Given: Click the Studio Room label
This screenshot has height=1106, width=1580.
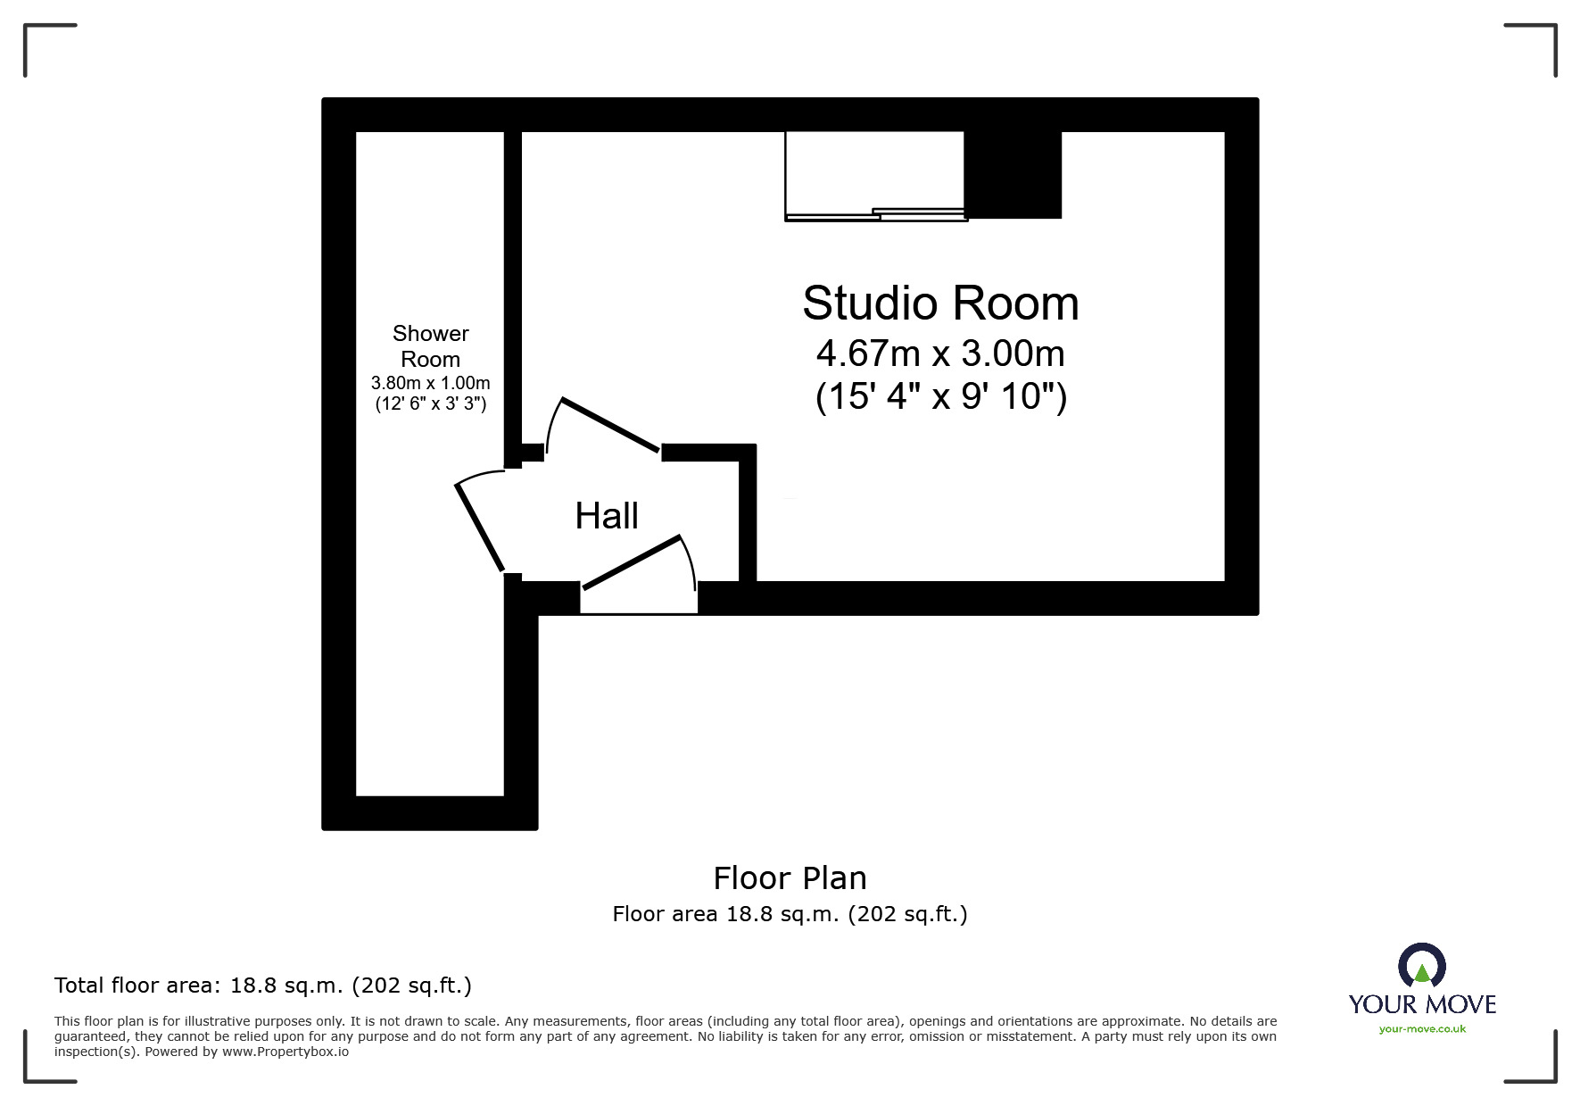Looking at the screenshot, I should (x=940, y=304).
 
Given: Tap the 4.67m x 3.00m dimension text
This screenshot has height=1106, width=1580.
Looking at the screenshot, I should (x=940, y=354).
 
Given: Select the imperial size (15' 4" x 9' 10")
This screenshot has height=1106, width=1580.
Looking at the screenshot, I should (x=940, y=396).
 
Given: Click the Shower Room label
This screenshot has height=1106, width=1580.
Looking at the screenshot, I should (x=430, y=346).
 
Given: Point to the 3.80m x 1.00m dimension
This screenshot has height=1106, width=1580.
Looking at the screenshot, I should (x=430, y=383).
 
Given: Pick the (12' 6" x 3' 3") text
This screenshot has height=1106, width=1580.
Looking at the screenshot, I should (x=430, y=403).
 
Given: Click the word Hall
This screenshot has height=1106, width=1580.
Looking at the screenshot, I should (x=607, y=516).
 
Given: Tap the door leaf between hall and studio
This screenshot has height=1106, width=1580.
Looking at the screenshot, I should (x=611, y=425).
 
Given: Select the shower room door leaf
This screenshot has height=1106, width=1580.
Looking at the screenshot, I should (x=479, y=527).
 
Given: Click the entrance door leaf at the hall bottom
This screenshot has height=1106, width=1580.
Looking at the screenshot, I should (x=632, y=562).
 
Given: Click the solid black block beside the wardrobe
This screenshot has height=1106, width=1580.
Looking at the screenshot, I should (x=1013, y=175).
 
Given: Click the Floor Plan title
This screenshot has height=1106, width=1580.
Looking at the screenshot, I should (x=790, y=878).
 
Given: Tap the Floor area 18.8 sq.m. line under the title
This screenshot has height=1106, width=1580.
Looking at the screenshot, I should (x=790, y=914).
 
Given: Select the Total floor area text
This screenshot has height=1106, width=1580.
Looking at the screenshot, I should (x=262, y=985).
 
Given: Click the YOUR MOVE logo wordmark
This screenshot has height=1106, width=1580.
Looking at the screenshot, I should (x=1422, y=1004).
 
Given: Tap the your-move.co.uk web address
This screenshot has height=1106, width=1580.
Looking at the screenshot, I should (x=1422, y=1029).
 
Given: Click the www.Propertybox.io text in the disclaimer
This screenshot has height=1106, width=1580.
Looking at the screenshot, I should (x=285, y=1052).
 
